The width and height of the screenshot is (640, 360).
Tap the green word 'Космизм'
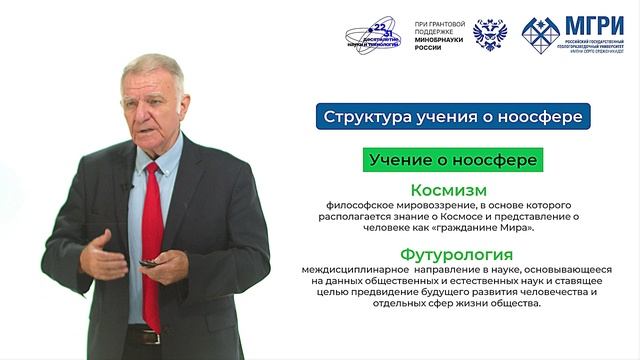click(448, 190)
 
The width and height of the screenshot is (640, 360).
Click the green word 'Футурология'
click(448, 254)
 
